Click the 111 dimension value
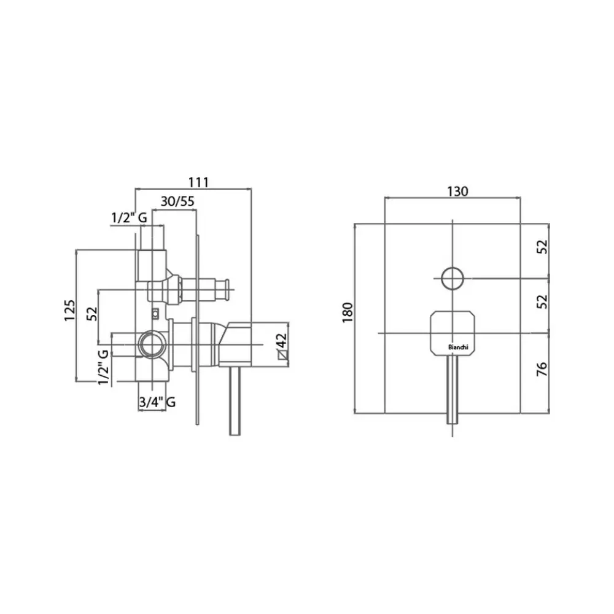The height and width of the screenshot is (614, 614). tap(198, 182)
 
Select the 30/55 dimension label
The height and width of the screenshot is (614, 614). tap(177, 201)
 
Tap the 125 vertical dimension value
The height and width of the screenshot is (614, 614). tap(69, 311)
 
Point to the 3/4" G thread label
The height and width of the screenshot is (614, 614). tap(157, 402)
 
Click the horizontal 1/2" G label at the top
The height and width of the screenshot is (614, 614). tap(129, 217)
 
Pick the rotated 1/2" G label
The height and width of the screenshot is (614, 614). tap(103, 367)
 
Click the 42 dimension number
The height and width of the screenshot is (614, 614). tap(282, 340)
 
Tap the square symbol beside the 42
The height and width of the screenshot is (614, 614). tap(282, 355)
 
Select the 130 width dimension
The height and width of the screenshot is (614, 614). tap(457, 191)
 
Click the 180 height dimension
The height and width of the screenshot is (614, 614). tap(348, 312)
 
